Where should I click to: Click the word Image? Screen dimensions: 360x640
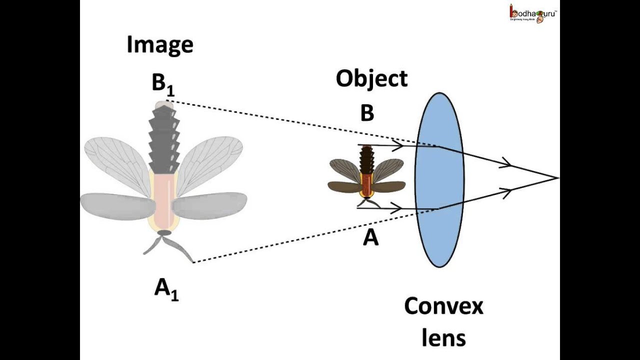(x=160, y=45)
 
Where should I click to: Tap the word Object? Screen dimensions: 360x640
(x=371, y=79)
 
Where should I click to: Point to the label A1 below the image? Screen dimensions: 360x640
(x=166, y=289)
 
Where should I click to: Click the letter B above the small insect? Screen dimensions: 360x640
(x=367, y=114)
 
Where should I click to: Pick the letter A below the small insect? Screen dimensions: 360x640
(x=370, y=238)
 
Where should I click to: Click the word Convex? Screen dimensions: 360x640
(x=443, y=306)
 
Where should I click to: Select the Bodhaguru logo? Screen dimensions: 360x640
(x=533, y=13)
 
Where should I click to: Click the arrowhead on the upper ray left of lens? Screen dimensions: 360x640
(x=398, y=145)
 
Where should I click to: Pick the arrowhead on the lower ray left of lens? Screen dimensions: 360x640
(x=397, y=207)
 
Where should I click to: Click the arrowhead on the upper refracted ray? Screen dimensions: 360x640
(x=506, y=163)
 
